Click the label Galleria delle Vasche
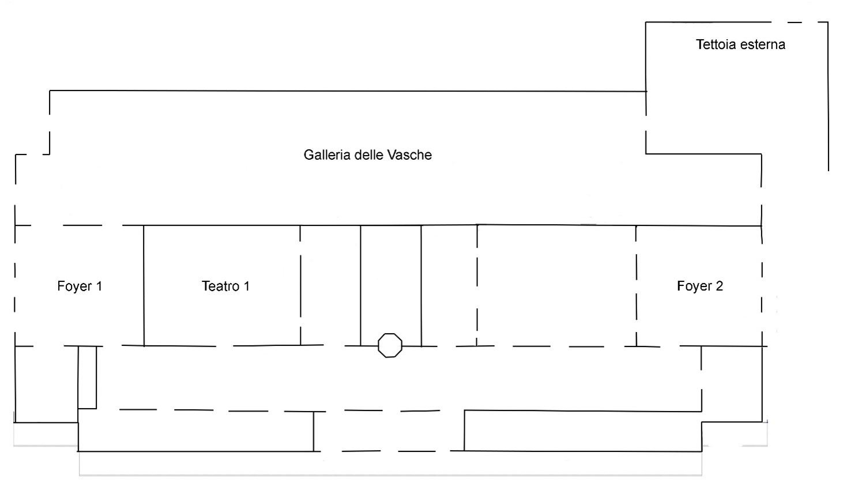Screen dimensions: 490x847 pyautogui.click(x=367, y=155)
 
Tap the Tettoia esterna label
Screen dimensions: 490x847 pyautogui.click(x=740, y=44)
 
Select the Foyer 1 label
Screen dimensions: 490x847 pyautogui.click(x=80, y=286)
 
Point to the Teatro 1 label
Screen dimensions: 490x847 pyautogui.click(x=225, y=286)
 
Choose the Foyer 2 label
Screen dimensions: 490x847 pyautogui.click(x=699, y=286)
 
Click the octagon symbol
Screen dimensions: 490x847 pyautogui.click(x=390, y=345)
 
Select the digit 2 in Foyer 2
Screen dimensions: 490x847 pyautogui.click(x=718, y=286)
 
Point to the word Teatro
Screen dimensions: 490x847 pyautogui.click(x=219, y=286)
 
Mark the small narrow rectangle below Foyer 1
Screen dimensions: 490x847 pyautogui.click(x=87, y=377)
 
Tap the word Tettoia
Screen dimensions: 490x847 pyautogui.click(x=714, y=44)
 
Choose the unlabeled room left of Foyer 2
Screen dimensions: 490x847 pyautogui.click(x=556, y=285)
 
